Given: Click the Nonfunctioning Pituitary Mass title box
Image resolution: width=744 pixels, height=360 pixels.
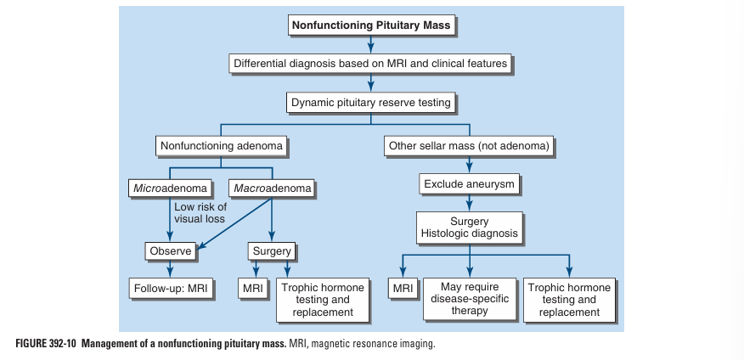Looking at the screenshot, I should pos(371,25).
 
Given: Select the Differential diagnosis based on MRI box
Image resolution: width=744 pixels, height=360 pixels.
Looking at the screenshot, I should pos(370,64).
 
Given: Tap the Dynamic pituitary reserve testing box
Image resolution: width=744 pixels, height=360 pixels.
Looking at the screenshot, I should pos(371,103).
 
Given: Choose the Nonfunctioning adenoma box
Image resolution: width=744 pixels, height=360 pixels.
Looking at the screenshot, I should pos(221,146).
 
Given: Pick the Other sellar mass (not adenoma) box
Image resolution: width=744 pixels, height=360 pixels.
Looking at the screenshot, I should pos(470,146).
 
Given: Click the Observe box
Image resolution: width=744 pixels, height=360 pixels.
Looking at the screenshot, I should pos(171,251).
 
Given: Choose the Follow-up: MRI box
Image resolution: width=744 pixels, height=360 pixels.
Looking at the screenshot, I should pos(172,289).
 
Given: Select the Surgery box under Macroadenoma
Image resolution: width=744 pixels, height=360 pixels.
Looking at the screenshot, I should pos(272,251).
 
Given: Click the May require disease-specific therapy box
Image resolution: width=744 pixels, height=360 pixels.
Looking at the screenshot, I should pos(470,300).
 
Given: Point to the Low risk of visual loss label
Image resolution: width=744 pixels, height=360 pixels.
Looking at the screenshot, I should pos(200,213).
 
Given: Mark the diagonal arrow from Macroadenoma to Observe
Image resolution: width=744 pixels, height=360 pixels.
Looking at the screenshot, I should pos(237,222).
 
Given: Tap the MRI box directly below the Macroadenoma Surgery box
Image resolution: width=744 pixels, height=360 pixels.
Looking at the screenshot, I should pos(253,289).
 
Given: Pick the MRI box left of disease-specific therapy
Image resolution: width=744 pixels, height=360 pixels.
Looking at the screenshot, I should pos(403,289).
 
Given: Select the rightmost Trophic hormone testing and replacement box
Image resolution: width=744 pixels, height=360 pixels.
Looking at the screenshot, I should pos(568,300).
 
